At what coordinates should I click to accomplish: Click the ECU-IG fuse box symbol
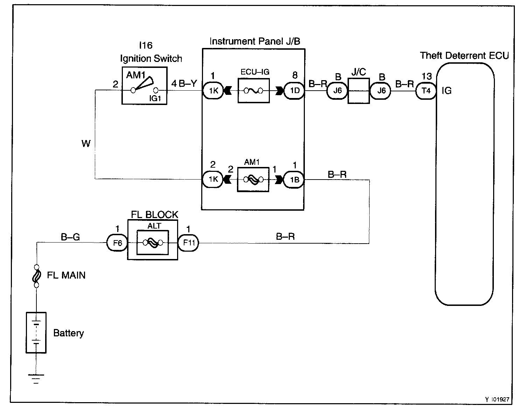click(x=253, y=91)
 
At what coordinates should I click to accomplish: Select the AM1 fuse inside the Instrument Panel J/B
click(x=253, y=179)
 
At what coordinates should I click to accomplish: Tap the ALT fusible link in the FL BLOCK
click(x=153, y=242)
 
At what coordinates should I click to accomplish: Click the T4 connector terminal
click(x=426, y=91)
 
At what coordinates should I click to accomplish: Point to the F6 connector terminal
click(x=117, y=243)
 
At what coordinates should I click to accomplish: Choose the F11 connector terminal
click(x=188, y=243)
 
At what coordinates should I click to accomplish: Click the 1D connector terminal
click(x=294, y=91)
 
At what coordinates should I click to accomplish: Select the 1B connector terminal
click(x=294, y=180)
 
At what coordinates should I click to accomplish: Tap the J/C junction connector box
click(x=359, y=91)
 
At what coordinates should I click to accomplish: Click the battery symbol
click(x=36, y=332)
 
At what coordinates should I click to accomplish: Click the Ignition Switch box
click(x=144, y=85)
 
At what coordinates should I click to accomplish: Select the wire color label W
click(x=86, y=143)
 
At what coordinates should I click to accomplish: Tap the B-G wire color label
click(x=70, y=237)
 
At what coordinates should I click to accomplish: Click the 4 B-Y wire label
click(x=184, y=84)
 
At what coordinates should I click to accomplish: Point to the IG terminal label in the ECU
click(x=447, y=91)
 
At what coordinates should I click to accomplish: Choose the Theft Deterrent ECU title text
click(x=464, y=56)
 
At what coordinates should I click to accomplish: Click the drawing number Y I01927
click(x=497, y=399)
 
